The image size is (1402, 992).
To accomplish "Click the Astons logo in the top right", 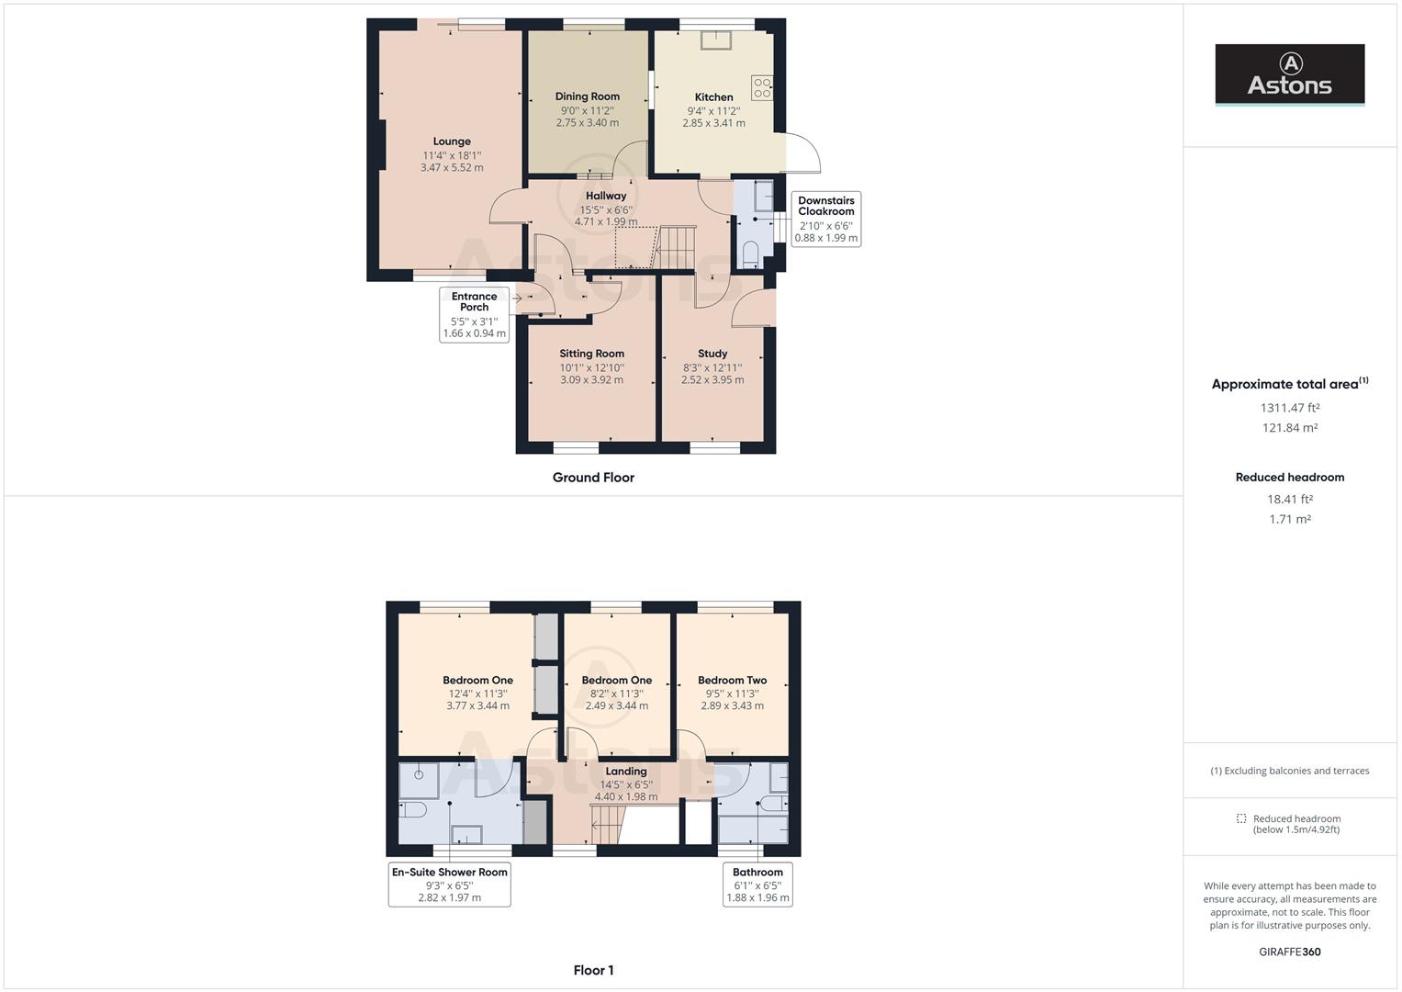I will coord(1289,74).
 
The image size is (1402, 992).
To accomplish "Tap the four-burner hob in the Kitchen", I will coord(762,88).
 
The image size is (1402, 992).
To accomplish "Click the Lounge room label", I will coord(452,141).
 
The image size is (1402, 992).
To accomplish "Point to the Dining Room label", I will coord(587,96).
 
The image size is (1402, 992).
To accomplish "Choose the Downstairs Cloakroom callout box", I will coord(825,219).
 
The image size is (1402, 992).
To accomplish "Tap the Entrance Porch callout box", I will coord(474,314).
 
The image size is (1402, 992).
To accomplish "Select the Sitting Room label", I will coord(591,354).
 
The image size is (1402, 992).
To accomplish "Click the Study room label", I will coord(712,354).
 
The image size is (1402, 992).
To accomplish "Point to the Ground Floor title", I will coord(593,478).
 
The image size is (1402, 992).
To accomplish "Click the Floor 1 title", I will coord(593,970).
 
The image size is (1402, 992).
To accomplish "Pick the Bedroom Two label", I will coord(732,681).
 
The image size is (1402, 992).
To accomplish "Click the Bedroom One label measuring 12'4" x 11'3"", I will coord(477,681).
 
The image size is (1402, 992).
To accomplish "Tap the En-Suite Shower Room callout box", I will coord(449,884).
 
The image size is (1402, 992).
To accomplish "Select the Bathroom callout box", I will coord(757,884).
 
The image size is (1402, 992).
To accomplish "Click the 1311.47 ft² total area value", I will coord(1289,408).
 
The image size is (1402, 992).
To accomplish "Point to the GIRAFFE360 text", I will coord(1289,952).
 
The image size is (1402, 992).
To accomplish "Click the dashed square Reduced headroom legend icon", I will coord(1241,818).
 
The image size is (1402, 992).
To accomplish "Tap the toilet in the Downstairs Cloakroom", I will coord(750,253).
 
